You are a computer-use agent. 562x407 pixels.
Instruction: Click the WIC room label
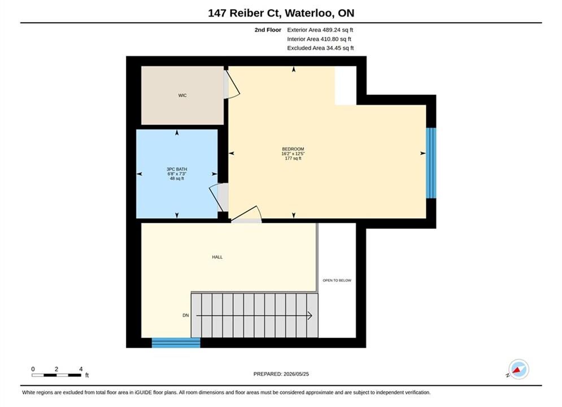(182, 96)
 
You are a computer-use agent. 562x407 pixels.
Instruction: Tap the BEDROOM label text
(293, 149)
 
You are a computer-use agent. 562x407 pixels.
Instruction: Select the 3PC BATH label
(177, 169)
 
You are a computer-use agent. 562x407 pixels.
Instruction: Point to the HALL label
(217, 257)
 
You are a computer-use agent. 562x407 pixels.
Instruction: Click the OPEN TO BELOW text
(337, 280)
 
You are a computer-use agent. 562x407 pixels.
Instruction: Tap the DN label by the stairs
(186, 315)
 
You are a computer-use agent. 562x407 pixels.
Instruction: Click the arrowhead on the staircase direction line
(310, 315)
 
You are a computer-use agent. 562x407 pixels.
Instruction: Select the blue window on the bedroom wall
(431, 163)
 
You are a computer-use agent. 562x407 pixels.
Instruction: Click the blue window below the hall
(176, 343)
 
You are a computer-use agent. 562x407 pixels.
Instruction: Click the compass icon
(519, 369)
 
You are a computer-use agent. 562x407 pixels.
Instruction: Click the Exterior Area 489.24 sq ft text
(320, 30)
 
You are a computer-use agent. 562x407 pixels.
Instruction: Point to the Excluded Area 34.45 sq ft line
(320, 48)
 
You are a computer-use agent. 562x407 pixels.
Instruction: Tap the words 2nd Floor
(268, 30)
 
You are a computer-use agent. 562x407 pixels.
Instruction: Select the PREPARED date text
(281, 374)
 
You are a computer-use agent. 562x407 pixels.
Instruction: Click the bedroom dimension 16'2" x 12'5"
(293, 154)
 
